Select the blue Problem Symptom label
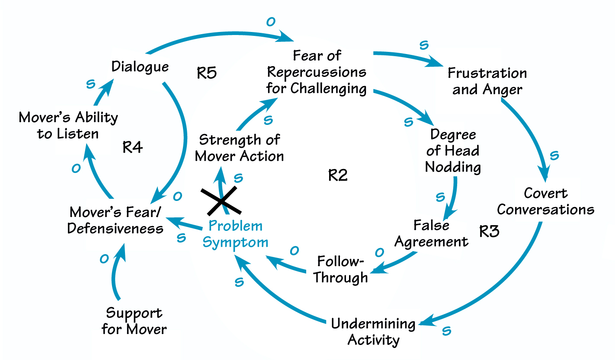pyautogui.click(x=235, y=234)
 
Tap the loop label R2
pyautogui.click(x=338, y=175)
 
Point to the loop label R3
pyautogui.click(x=489, y=231)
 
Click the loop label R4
pyautogui.click(x=132, y=148)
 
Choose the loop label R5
pyautogui.click(x=206, y=73)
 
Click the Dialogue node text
pyautogui.click(x=140, y=67)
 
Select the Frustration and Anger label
pyautogui.click(x=487, y=81)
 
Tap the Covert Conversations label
pyautogui.click(x=545, y=201)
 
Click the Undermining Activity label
pyautogui.click(x=373, y=331)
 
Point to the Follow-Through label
pyautogui.click(x=340, y=269)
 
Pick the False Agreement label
pyautogui.click(x=431, y=233)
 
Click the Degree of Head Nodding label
pyautogui.click(x=453, y=150)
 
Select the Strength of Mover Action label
pyautogui.click(x=239, y=148)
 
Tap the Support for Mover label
pyautogui.click(x=134, y=321)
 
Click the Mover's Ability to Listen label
pyautogui.click(x=68, y=125)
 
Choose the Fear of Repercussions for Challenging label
pyautogui.click(x=317, y=72)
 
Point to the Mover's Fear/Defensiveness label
pyautogui.click(x=116, y=220)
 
